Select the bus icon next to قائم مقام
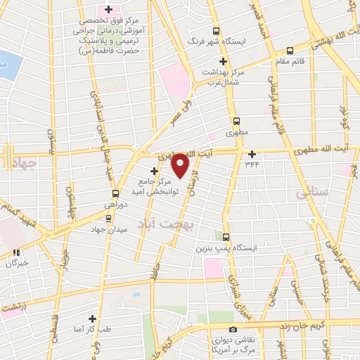(x=290, y=51)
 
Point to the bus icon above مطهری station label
(x=236, y=120)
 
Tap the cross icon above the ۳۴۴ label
(x=251, y=154)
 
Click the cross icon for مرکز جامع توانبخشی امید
(x=155, y=171)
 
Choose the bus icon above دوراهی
(x=115, y=194)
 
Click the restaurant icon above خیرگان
(x=15, y=253)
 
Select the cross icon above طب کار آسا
(x=91, y=319)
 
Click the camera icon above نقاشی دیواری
(x=233, y=329)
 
